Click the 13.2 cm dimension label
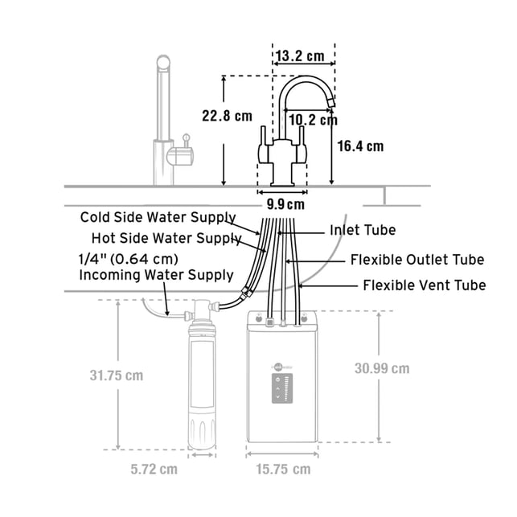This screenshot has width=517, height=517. [300, 56]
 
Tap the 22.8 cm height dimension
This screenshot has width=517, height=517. [227, 116]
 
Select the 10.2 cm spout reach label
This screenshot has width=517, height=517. [314, 119]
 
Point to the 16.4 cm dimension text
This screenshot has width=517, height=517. [360, 146]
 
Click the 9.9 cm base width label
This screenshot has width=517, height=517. [285, 204]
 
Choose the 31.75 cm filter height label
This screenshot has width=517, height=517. [117, 375]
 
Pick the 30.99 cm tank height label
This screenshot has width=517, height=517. [382, 368]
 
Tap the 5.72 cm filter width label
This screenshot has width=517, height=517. [154, 470]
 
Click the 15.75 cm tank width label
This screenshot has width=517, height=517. [283, 470]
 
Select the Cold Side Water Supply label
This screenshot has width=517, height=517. [158, 217]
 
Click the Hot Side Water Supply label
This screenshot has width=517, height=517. [166, 238]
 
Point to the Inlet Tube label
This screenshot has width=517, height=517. [363, 230]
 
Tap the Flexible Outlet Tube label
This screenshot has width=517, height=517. [417, 260]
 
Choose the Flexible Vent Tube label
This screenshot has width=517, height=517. [425, 285]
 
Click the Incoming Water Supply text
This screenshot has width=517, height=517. [156, 275]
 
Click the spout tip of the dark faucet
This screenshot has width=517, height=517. [331, 103]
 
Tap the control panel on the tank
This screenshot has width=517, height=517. [282, 388]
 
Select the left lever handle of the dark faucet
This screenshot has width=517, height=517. [264, 145]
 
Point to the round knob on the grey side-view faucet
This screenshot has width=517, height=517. [187, 137]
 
